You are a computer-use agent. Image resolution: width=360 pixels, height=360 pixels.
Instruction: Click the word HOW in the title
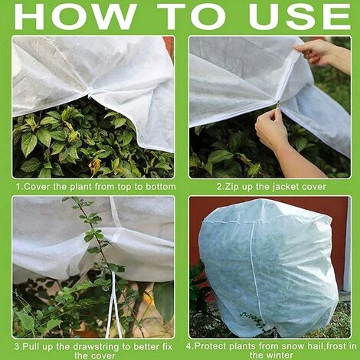pyautogui.click(x=74, y=16)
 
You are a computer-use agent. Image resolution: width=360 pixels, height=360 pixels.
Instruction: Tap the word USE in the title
pyautogui.click(x=299, y=16)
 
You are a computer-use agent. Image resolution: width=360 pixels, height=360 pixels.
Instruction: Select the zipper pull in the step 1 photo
pyautogui.click(x=90, y=97)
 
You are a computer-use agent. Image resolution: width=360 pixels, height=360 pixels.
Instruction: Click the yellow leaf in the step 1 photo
pyautogui.click(x=94, y=165)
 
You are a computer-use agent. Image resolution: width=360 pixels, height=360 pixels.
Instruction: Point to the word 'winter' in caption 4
pyautogui.click(x=279, y=355)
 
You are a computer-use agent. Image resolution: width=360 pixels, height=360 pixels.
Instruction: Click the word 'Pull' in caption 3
pyautogui.click(x=31, y=347)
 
